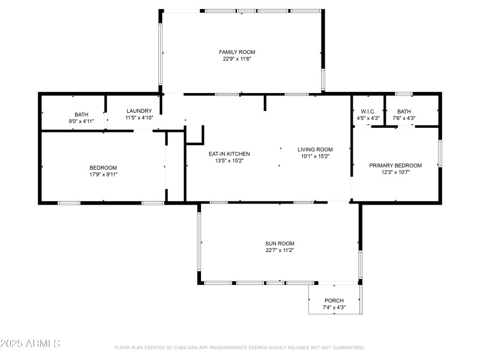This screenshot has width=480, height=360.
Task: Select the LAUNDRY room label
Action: point(140,111)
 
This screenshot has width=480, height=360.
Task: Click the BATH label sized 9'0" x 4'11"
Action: point(82,115)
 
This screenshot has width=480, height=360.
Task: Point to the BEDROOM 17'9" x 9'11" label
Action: point(103,167)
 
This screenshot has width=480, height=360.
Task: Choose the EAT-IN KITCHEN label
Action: point(229,154)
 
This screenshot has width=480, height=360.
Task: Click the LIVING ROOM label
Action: point(315,149)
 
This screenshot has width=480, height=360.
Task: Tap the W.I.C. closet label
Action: point(368,111)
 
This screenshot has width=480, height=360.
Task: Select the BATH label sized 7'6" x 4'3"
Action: point(404,111)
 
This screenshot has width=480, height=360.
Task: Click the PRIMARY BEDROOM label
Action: point(395,166)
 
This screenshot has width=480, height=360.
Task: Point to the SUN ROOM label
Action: point(280,244)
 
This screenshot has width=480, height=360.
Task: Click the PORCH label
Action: point(334,301)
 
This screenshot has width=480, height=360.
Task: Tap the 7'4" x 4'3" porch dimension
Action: point(334,307)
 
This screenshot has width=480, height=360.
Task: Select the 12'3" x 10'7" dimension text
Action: point(395,172)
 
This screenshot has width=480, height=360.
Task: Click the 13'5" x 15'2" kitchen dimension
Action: point(229,160)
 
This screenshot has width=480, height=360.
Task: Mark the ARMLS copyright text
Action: point(30,344)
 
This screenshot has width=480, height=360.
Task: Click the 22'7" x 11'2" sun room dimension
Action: point(280,250)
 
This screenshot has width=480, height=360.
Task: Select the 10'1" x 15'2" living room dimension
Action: point(315,156)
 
